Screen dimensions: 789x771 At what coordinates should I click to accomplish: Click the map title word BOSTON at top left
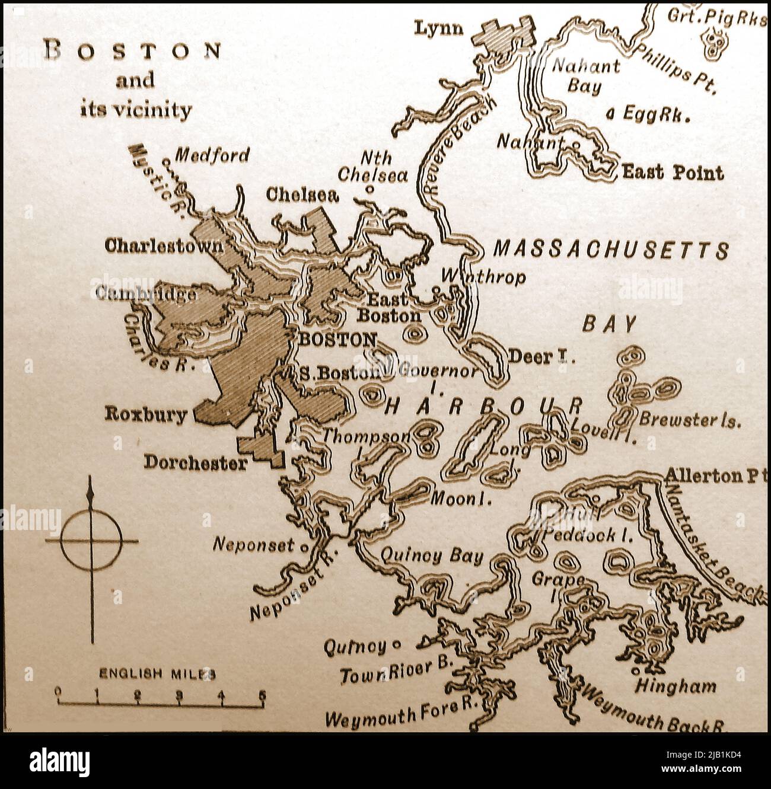point(135,52)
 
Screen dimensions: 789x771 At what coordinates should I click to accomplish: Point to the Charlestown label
point(164,246)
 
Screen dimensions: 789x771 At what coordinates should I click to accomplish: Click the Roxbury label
point(145,414)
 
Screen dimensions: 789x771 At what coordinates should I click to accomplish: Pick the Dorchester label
point(196,463)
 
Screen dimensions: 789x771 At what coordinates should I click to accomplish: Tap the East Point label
point(673,173)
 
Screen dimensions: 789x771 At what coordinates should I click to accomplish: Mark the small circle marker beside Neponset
point(304,548)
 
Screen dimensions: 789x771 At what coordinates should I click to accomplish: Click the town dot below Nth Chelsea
point(369,190)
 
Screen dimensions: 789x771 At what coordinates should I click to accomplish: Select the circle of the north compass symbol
point(91,541)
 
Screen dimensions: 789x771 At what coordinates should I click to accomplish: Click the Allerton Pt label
point(712,475)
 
